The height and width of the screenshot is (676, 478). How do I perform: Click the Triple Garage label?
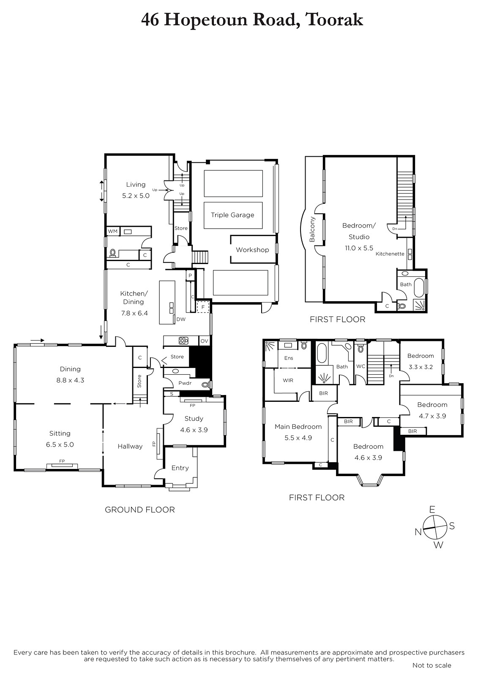coord(232,215)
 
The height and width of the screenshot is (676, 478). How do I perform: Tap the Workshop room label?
coord(252,250)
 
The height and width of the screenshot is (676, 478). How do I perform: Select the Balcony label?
coord(312,229)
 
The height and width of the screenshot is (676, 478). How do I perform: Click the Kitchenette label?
coord(390,254)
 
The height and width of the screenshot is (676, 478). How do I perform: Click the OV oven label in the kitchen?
coord(205,341)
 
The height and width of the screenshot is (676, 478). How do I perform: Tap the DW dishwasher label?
coord(181,319)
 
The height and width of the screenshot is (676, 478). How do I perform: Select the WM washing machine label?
coord(112,232)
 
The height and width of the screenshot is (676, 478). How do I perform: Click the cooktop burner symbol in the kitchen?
coord(183,341)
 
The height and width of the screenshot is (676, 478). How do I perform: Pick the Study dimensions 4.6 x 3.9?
coord(194,430)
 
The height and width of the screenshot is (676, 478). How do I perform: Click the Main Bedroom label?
coord(298,426)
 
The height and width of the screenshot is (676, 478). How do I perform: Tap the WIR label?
coord(288,380)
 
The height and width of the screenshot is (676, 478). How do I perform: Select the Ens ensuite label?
coord(289,358)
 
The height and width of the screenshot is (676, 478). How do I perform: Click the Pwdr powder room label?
coord(185,383)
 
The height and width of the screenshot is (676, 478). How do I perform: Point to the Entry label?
coord(180,468)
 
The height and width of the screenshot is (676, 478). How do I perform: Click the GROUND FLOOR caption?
coord(140,510)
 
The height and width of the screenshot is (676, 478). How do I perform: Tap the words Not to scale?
coord(432,665)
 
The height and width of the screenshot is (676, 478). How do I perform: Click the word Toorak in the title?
coord(334,20)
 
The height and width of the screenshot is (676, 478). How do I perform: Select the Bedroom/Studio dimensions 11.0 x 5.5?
coord(359,248)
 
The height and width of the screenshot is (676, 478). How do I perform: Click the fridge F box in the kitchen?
coord(203,307)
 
